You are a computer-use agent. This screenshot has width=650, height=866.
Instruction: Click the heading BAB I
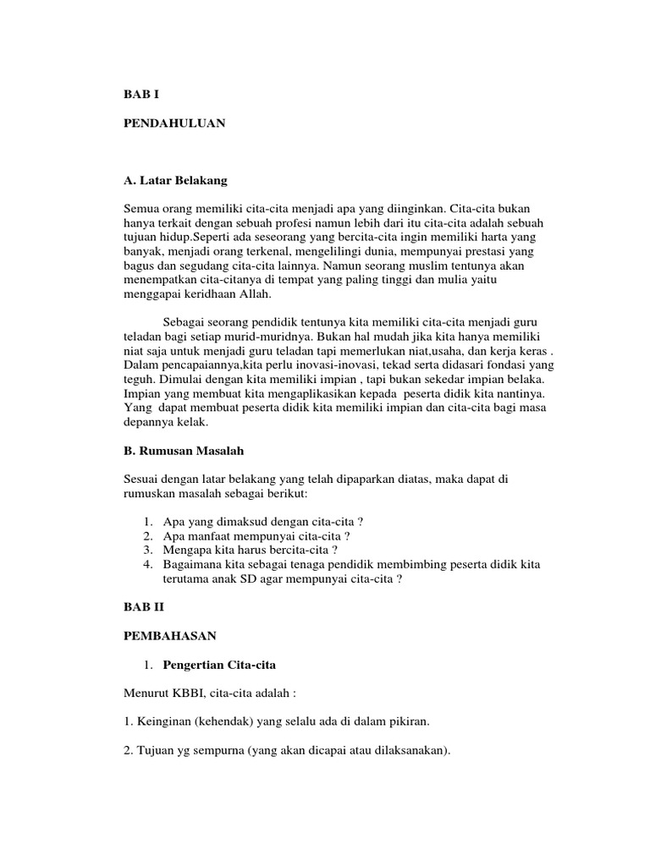click(x=140, y=96)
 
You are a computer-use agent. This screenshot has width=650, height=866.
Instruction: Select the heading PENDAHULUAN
click(x=174, y=123)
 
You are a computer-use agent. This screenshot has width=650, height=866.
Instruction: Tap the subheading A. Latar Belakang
click(x=175, y=180)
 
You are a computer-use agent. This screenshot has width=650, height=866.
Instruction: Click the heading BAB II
click(x=143, y=607)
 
